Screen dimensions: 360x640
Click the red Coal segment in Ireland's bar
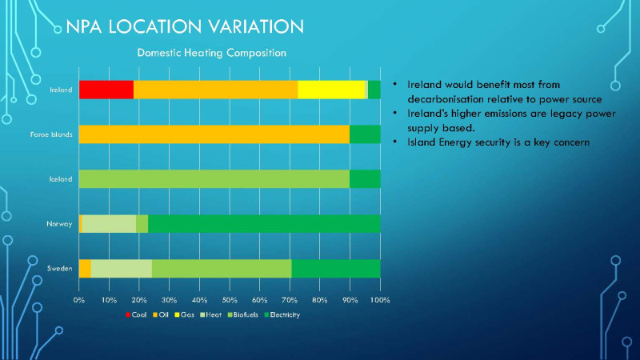coord(106,90)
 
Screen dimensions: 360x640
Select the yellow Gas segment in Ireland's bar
coord(331,90)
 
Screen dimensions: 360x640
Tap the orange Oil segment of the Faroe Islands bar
coord(214,134)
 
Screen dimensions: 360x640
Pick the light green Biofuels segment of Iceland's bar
coord(214,179)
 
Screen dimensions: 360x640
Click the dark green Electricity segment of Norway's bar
coord(264,224)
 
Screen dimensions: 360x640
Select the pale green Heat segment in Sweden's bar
coord(121,269)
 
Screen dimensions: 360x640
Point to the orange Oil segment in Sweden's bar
coord(85,269)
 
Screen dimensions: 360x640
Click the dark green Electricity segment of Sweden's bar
coord(336,269)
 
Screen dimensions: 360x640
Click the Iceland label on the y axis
coord(60,179)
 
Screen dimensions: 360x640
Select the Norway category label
coord(60,224)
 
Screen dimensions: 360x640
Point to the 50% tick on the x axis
coord(230,300)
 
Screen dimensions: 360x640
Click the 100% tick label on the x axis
coord(379,300)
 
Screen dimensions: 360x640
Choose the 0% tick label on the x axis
coord(79,300)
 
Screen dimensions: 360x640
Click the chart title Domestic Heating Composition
coord(212,53)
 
